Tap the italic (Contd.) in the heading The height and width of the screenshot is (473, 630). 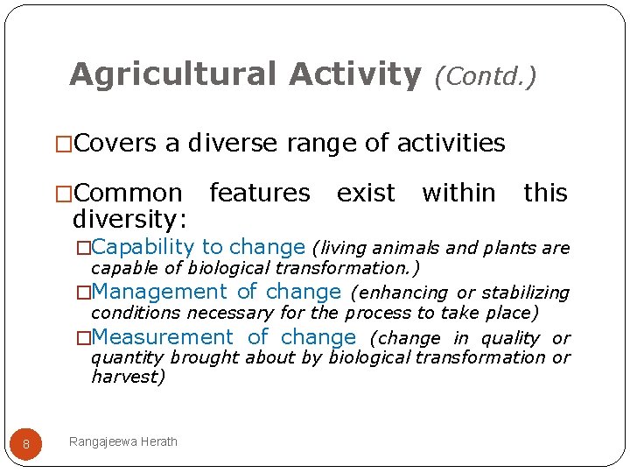tap(485, 77)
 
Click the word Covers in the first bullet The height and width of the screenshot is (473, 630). tap(115, 143)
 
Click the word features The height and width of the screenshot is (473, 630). tap(259, 193)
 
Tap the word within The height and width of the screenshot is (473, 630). tap(458, 193)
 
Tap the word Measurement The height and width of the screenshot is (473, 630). tap(163, 337)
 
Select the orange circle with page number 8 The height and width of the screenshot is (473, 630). tap(26, 444)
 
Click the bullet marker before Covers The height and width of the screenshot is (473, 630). tap(63, 144)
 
